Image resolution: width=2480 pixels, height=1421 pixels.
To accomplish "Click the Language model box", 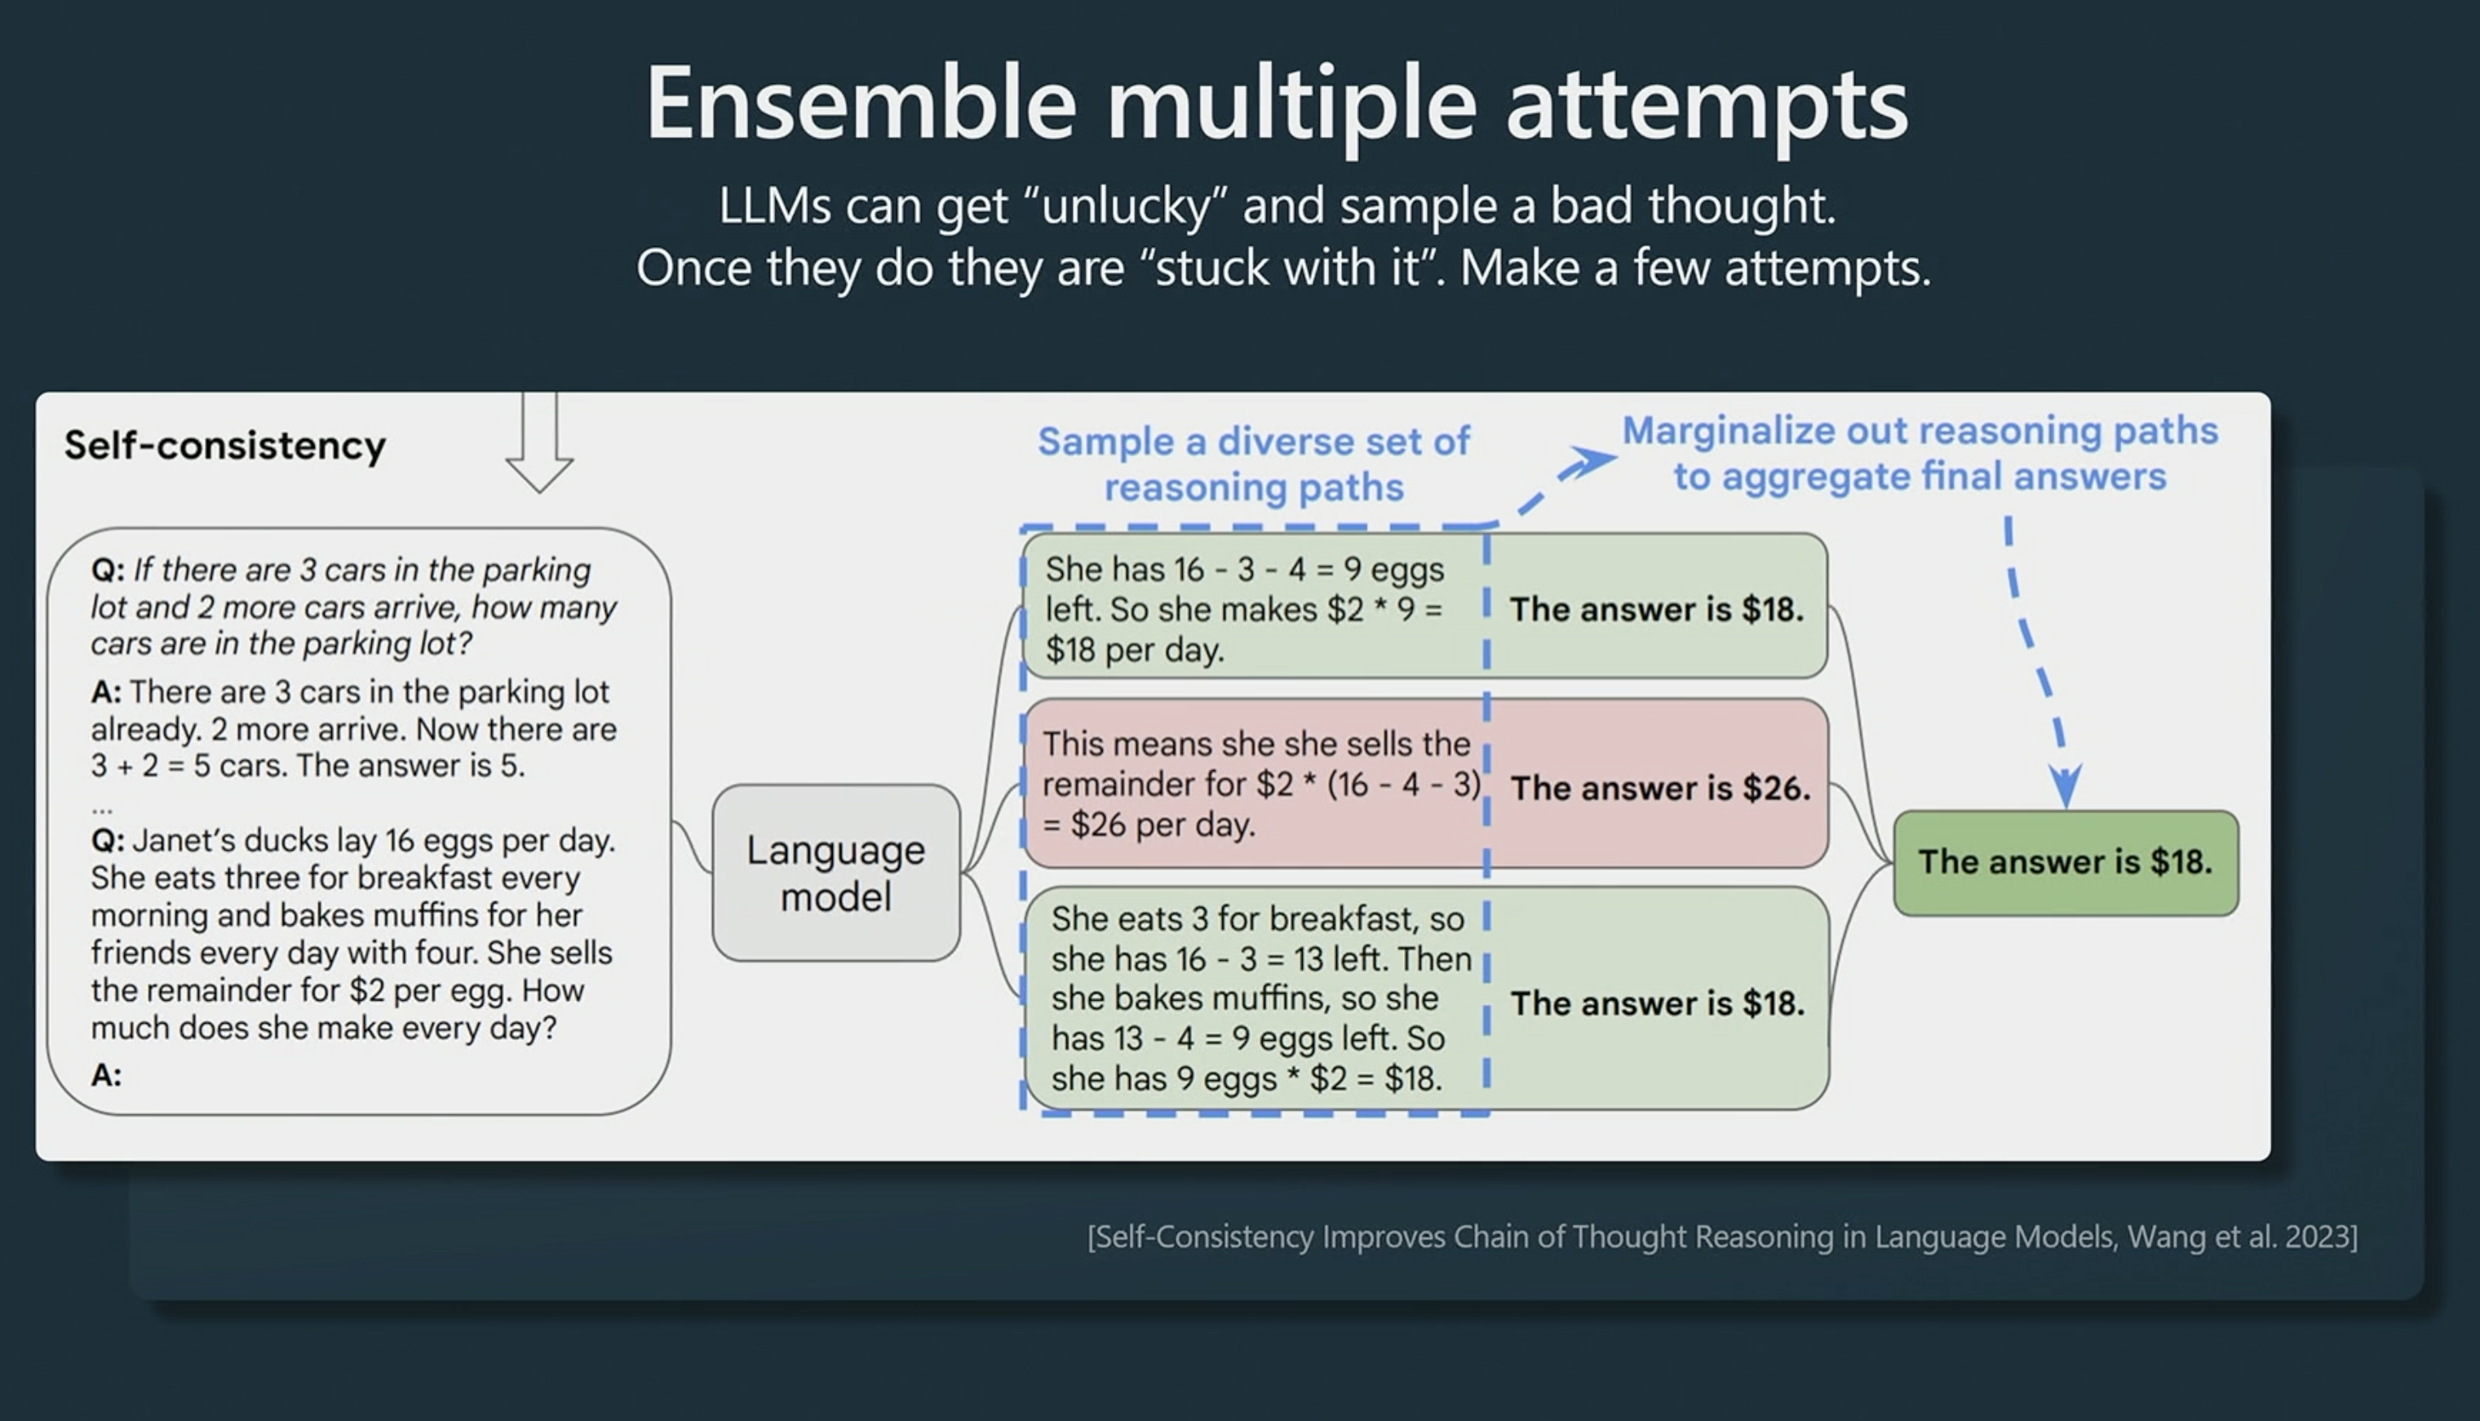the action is [836, 873].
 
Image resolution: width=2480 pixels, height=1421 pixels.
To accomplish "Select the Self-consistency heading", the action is [225, 445].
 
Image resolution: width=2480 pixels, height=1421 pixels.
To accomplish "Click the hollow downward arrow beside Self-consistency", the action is [538, 442].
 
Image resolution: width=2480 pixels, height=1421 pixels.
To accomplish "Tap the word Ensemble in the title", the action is [861, 104].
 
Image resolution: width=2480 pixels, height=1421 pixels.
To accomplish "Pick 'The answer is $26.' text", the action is [1660, 788].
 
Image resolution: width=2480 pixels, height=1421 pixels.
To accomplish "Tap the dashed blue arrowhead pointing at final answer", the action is [2066, 785].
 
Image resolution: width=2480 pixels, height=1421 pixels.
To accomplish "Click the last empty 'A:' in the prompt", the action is [106, 1074].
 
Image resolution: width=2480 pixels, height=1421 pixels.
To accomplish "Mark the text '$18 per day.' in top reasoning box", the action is [1134, 650].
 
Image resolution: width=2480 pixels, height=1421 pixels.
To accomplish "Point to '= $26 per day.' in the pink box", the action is [1149, 825].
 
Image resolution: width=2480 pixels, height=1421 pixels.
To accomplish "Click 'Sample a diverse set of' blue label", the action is [1254, 441].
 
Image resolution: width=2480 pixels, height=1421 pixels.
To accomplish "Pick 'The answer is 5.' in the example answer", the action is [411, 765].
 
